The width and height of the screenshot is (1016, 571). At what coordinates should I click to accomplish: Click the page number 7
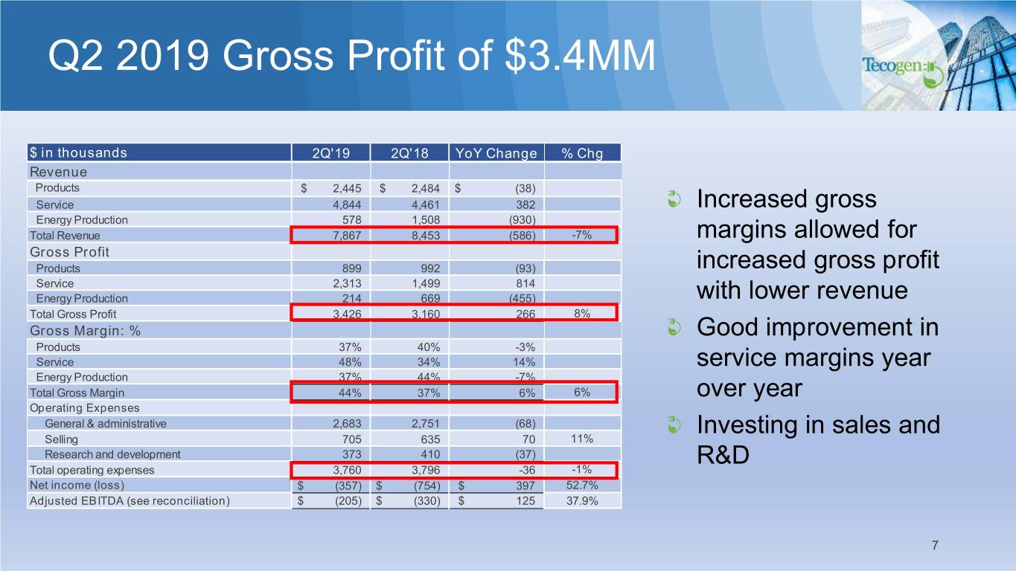click(x=934, y=546)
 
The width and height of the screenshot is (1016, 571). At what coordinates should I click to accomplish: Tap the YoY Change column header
click(x=496, y=154)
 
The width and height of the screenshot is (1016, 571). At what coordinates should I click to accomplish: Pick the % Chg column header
click(x=582, y=154)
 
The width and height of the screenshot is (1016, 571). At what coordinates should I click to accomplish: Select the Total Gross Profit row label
click(x=73, y=314)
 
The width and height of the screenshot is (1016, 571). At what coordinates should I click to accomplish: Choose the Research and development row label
click(x=112, y=454)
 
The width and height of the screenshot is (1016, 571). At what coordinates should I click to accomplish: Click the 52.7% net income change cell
click(x=581, y=485)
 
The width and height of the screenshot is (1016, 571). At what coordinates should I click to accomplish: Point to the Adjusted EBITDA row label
click(x=130, y=500)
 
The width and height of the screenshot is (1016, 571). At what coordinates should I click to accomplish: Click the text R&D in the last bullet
click(x=723, y=456)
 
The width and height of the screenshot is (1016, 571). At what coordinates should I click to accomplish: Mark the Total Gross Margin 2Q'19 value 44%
click(x=350, y=393)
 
